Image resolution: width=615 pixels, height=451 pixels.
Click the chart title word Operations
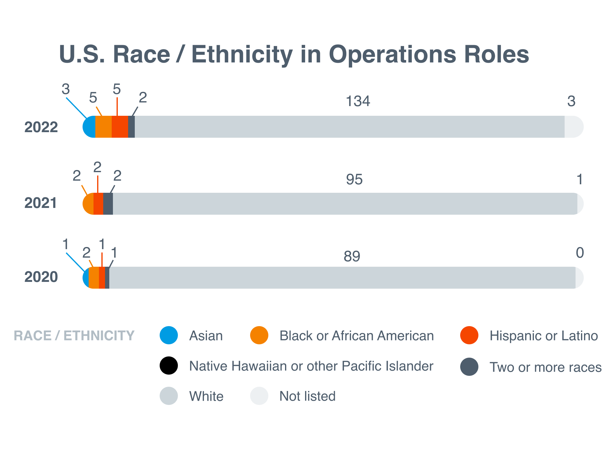[392, 55]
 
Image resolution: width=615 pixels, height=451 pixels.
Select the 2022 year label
[41, 127]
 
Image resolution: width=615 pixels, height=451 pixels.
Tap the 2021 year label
[41, 203]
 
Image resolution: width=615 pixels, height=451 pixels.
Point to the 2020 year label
[41, 277]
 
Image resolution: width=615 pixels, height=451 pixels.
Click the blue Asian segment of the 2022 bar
[90, 127]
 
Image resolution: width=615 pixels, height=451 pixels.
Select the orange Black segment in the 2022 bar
[104, 127]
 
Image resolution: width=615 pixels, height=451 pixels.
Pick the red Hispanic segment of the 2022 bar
[120, 127]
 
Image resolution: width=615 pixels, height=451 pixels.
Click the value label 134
[358, 101]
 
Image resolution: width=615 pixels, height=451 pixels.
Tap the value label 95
[354, 179]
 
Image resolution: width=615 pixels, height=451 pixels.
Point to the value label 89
[352, 256]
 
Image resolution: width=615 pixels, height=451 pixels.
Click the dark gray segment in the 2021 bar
[108, 204]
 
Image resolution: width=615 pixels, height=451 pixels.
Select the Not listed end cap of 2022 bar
[573, 127]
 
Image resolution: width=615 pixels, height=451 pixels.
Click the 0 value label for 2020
[579, 252]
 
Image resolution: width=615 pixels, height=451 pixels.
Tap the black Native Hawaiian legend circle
[169, 366]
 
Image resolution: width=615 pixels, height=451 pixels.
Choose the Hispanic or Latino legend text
[543, 336]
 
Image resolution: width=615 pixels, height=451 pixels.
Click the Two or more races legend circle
[469, 367]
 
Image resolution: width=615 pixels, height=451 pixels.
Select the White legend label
[206, 396]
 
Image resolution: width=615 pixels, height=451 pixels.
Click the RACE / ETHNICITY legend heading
[74, 336]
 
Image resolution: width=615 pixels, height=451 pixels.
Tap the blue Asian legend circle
[169, 335]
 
